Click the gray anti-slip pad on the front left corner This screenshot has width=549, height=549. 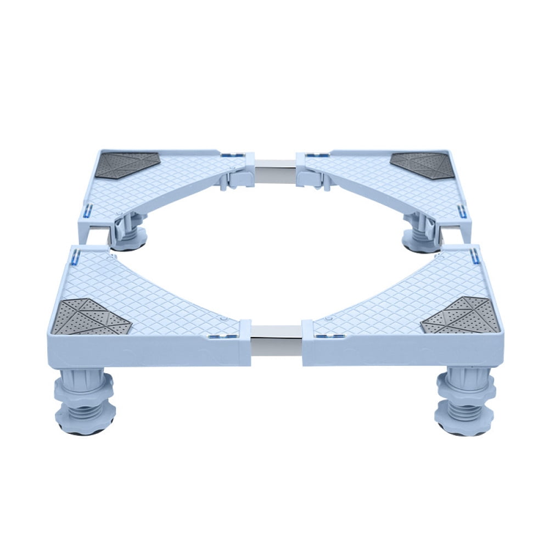coord(91,317)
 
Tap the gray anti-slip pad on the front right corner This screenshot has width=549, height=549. coord(461,317)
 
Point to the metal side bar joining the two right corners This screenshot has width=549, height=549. coord(449,233)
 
